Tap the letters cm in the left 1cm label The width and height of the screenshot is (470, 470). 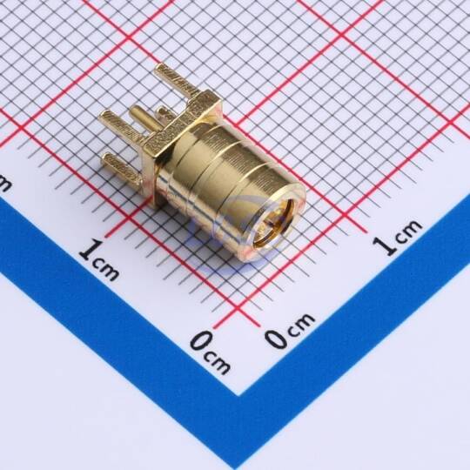(106, 270)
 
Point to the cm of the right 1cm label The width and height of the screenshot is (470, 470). (408, 232)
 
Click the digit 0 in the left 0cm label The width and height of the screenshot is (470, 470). (202, 342)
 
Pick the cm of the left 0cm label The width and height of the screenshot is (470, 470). (218, 362)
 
